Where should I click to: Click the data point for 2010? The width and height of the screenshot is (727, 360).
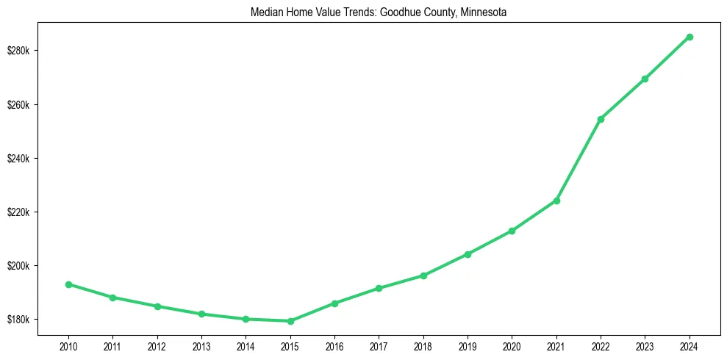tap(68, 284)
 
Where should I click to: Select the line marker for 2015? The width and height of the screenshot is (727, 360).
tap(290, 321)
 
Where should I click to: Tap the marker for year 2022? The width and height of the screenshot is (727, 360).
tap(601, 119)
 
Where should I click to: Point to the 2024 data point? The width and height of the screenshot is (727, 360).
tap(690, 37)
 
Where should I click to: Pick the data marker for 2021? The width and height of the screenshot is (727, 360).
tap(556, 201)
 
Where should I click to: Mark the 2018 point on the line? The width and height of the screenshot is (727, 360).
tap(423, 276)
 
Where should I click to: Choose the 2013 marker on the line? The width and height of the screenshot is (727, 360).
tap(201, 314)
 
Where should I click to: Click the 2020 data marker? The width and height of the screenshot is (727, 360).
tap(512, 231)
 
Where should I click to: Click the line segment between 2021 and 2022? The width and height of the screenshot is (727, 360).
tap(579, 160)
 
